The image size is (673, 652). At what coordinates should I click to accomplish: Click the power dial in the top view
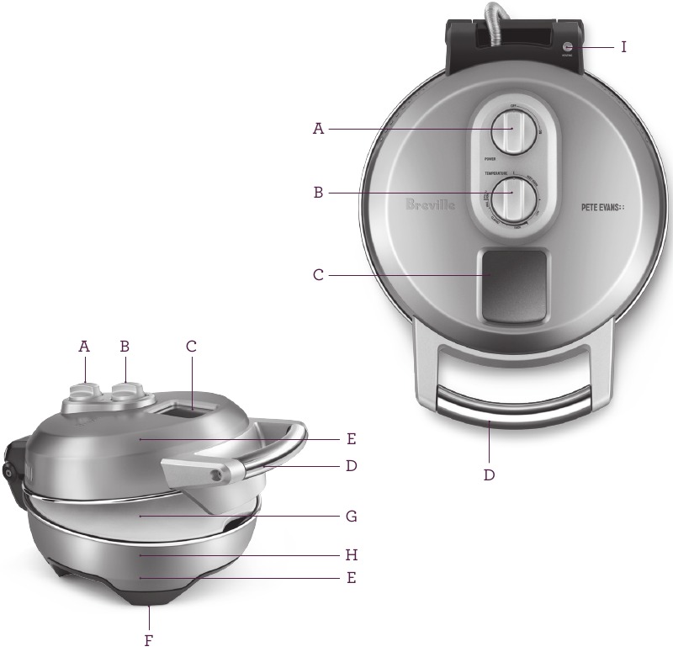[x=509, y=130]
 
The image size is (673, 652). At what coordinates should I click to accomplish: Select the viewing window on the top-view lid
[x=514, y=285]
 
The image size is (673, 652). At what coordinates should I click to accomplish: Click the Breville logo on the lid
[x=430, y=204]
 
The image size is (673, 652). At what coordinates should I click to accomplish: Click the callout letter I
[x=623, y=47]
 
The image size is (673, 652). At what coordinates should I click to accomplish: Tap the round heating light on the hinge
[x=568, y=47]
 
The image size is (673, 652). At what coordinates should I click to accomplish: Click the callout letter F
[x=148, y=640]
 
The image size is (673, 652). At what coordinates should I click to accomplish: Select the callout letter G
[x=351, y=514]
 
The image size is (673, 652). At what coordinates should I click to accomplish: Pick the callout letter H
[x=351, y=555]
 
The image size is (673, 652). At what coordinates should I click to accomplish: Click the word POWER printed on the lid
[x=490, y=158]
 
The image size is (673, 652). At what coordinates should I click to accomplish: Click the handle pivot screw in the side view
[x=218, y=475]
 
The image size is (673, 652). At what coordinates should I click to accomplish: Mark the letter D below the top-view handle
[x=489, y=474]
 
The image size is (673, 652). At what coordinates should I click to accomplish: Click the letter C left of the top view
[x=318, y=274]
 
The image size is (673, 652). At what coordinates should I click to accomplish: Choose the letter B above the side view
[x=125, y=345]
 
